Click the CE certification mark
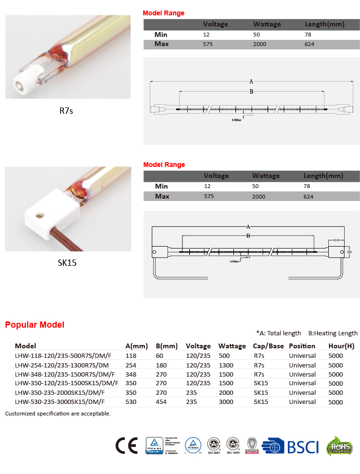click(126, 446)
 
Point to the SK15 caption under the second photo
click(67, 262)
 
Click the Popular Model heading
click(35, 325)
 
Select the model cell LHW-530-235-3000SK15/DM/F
click(60, 402)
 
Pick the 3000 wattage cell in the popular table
click(226, 402)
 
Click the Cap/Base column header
click(268, 346)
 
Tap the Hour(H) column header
click(341, 346)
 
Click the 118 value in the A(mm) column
click(131, 355)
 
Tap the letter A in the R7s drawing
click(251, 82)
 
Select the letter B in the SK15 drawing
click(248, 236)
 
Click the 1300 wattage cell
click(226, 365)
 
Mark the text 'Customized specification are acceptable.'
click(58, 413)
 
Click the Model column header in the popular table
click(25, 346)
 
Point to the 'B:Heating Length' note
click(333, 333)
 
